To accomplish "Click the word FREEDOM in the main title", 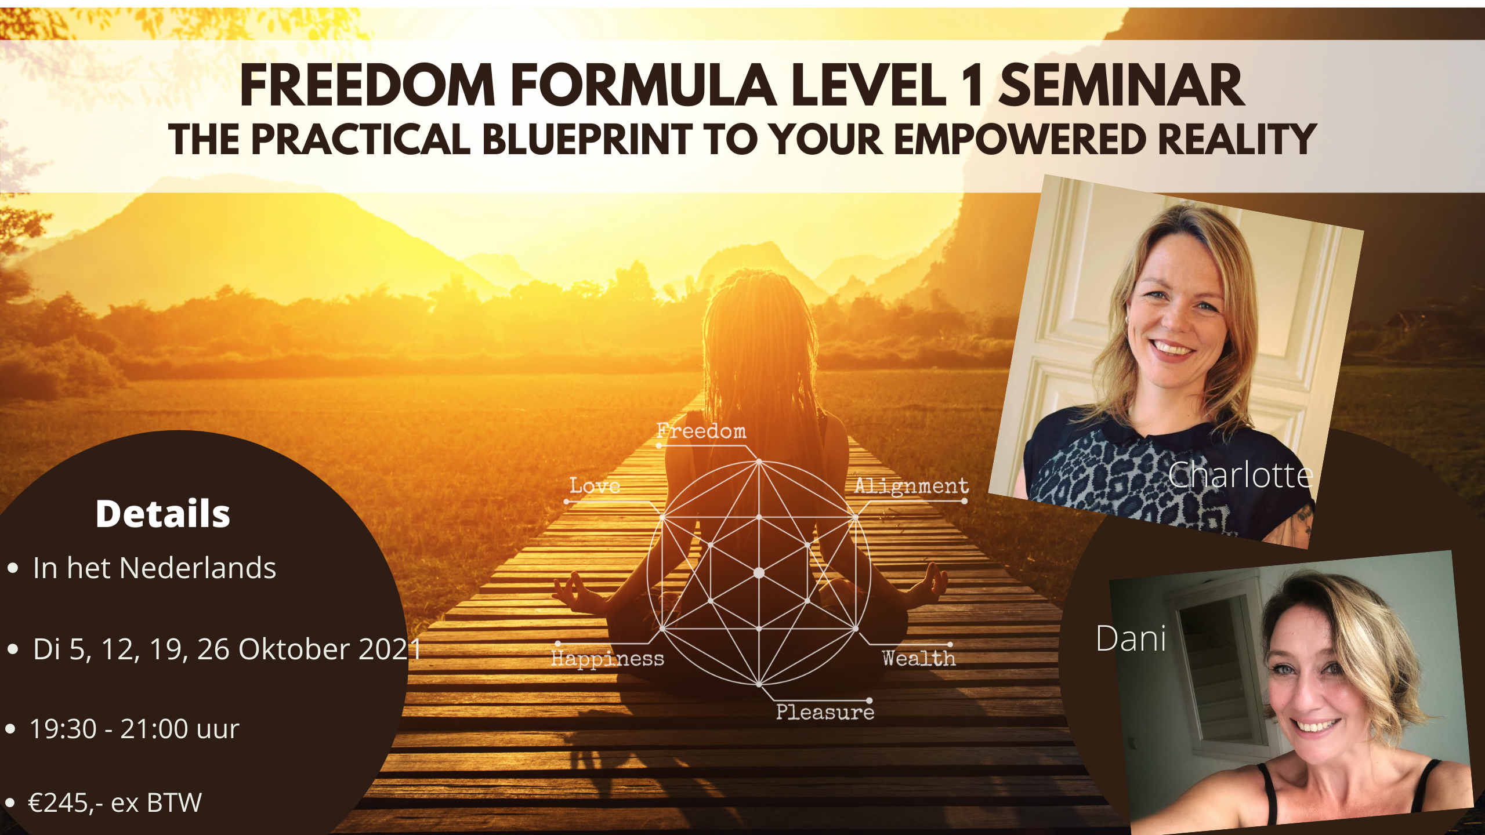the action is click(x=368, y=85).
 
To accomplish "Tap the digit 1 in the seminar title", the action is click(x=973, y=85).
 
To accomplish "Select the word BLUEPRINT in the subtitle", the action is click(x=587, y=140).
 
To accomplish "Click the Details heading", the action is click(x=163, y=514).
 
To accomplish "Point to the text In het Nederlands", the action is click(x=154, y=568).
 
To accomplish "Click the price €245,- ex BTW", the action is click(x=115, y=803).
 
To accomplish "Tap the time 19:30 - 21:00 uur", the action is click(x=134, y=729).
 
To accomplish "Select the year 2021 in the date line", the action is click(x=390, y=649).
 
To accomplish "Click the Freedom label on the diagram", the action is click(x=701, y=431).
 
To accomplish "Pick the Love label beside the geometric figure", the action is click(x=595, y=485).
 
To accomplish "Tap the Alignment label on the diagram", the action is click(x=911, y=486).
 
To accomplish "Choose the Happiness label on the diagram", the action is click(x=607, y=659).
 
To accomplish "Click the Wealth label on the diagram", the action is click(x=919, y=658).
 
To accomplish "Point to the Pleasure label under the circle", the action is click(x=825, y=711).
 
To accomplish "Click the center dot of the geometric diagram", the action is click(x=759, y=573).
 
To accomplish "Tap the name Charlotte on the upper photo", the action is click(x=1240, y=475).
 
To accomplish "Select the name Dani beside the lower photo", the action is click(x=1131, y=638).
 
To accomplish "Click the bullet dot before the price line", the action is click(x=10, y=803).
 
